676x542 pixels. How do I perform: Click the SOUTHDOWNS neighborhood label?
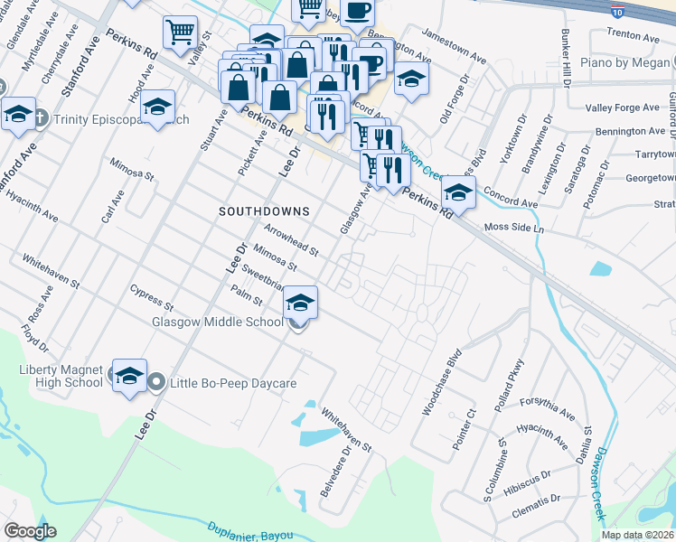tap(264, 211)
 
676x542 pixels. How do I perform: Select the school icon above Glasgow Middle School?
tap(301, 303)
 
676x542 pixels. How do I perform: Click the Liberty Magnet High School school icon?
tap(129, 376)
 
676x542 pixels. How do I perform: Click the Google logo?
tap(30, 530)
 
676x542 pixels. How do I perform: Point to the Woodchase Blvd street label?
tap(442, 382)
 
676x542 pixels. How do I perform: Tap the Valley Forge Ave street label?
tap(623, 107)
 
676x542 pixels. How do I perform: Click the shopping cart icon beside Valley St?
tap(180, 33)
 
